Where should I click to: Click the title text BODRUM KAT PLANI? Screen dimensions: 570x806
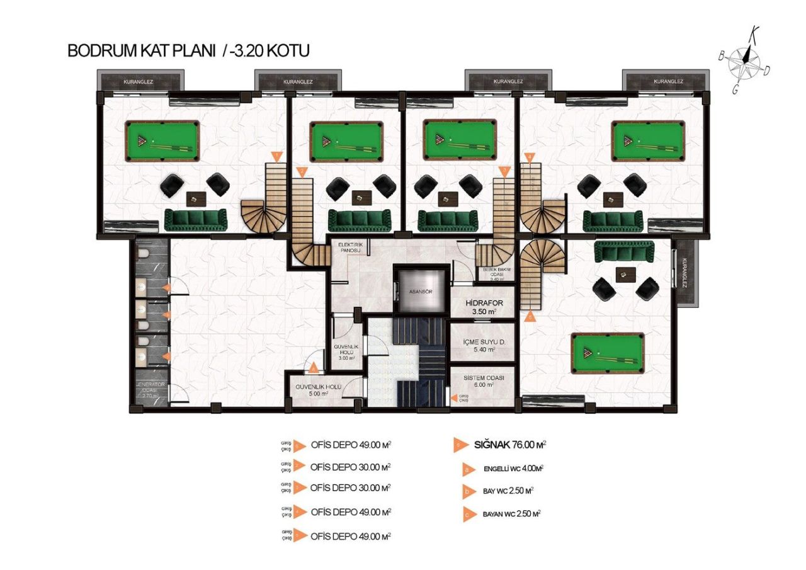pos(142,51)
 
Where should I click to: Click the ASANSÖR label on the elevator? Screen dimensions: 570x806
pos(419,292)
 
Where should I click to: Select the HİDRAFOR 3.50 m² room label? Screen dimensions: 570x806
pos(482,307)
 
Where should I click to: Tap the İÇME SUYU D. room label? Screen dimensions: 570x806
pos(482,345)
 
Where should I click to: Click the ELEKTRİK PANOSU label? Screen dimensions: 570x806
pos(349,247)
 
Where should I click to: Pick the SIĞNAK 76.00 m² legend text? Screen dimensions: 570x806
pos(509,445)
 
